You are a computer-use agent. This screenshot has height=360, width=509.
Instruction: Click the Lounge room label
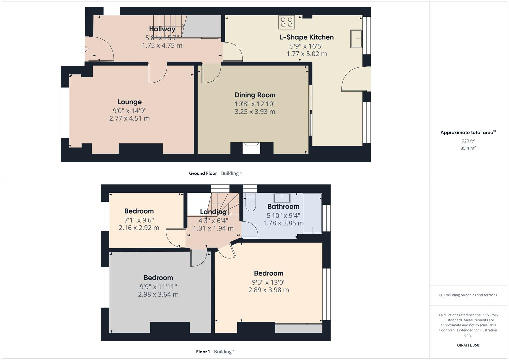129,102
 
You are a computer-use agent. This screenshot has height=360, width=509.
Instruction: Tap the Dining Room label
255,95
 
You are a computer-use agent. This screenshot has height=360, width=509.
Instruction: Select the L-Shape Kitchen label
306,37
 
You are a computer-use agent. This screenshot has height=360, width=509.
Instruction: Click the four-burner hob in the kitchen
287,22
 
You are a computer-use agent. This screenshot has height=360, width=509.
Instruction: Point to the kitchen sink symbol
356,39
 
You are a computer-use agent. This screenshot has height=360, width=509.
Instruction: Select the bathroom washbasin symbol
282,197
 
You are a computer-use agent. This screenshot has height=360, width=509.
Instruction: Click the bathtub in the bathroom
312,213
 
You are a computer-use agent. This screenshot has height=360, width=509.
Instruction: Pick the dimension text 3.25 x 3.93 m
255,112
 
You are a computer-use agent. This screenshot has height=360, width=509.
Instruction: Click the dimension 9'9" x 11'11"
158,287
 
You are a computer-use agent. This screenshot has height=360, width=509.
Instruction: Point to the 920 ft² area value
468,141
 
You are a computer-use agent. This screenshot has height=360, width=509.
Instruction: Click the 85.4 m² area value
468,148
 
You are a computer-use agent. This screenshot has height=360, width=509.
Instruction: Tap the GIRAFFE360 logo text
468,345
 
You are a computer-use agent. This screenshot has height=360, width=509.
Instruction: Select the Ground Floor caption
203,173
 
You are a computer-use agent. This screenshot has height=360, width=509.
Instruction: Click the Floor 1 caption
203,352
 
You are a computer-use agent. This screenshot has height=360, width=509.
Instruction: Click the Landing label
213,212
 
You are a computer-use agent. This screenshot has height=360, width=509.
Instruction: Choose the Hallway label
162,29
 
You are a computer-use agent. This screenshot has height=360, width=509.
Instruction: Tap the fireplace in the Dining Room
251,148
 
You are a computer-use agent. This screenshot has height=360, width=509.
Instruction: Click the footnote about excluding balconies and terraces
468,295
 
